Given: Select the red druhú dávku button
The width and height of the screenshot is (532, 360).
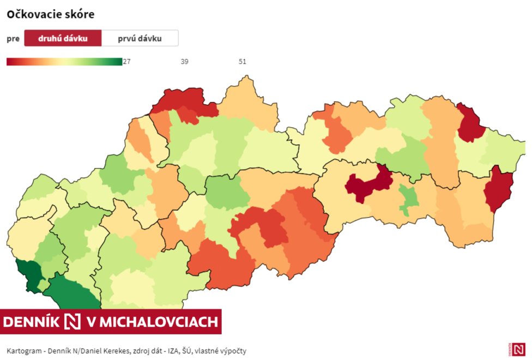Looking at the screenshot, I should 63,39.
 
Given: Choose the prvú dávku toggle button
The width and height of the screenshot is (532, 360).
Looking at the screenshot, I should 140,39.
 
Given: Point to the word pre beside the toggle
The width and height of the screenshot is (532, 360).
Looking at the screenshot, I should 13,39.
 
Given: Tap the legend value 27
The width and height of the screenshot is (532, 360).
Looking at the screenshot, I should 126,62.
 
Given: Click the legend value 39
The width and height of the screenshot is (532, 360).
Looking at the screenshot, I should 184,62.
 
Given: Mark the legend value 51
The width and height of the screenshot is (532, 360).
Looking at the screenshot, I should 243,62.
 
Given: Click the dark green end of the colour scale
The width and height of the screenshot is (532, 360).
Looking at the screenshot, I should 117,62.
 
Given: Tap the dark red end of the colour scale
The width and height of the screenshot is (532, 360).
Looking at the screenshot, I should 11,62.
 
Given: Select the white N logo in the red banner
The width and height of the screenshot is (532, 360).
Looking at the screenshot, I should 72,322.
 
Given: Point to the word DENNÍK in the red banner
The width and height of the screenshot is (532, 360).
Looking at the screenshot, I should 31,322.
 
